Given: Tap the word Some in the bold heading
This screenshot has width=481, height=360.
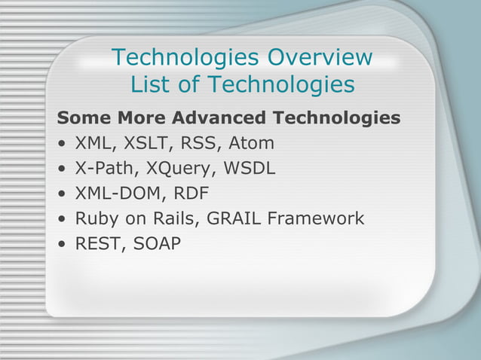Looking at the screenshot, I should tap(82, 118).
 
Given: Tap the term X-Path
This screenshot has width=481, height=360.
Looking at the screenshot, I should tap(101, 168).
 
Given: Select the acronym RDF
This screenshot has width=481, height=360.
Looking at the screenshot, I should tap(191, 194).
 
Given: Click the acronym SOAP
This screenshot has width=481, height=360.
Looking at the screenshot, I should tap(157, 244).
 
